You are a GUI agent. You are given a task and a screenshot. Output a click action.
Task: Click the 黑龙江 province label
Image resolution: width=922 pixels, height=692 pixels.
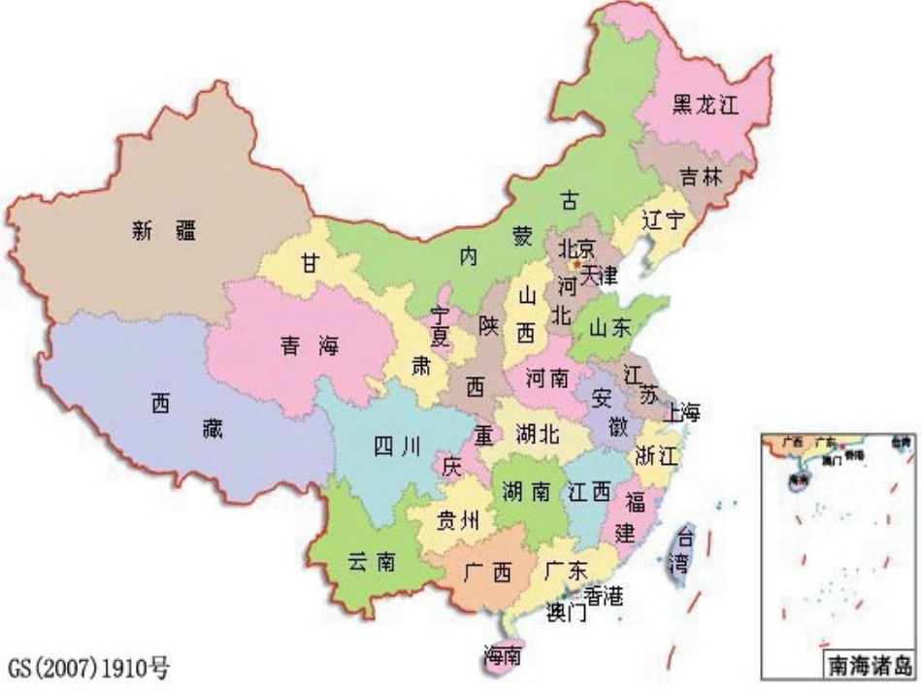click(x=707, y=106)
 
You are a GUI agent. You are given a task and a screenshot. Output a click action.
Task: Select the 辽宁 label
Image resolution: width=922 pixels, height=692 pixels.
click(x=663, y=220)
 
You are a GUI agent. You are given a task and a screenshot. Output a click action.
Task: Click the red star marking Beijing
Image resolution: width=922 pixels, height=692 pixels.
click(x=576, y=263)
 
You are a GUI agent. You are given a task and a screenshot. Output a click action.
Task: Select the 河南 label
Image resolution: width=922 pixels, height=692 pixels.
click(x=547, y=378)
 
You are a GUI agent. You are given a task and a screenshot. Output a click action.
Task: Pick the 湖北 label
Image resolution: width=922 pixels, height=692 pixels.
click(x=537, y=434)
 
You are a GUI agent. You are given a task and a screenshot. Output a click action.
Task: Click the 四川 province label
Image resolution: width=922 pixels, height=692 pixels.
click(x=396, y=446)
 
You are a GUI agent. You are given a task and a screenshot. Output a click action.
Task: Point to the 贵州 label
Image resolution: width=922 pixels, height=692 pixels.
click(x=456, y=520)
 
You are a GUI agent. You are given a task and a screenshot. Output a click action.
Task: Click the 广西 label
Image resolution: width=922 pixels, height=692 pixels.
click(x=488, y=573)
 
